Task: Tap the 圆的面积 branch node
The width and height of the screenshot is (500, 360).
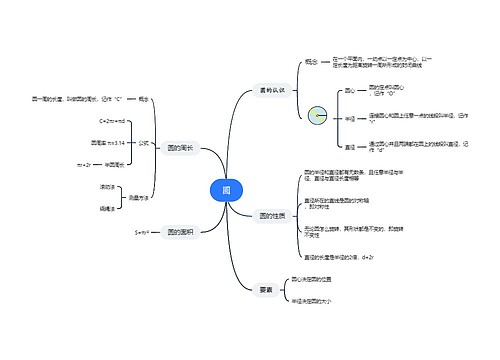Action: [x=182, y=232]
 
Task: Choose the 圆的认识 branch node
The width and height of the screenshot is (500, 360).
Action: [x=272, y=90]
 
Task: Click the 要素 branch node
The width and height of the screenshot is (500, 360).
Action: [x=265, y=290]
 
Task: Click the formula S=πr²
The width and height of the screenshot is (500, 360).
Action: [x=142, y=232]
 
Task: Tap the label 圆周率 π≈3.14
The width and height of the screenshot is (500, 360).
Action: [x=107, y=142]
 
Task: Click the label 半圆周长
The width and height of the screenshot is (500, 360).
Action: [x=115, y=163]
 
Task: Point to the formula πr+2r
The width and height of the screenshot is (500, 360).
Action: [x=84, y=163]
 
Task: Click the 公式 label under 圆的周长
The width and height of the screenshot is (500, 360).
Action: [x=144, y=142]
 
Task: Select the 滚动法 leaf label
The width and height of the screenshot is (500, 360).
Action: [x=106, y=187]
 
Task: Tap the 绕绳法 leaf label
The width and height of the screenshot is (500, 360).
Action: [x=106, y=208]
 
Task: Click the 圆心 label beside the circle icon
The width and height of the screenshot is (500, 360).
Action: [x=350, y=90]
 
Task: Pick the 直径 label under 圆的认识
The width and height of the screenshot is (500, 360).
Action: [x=350, y=147]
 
